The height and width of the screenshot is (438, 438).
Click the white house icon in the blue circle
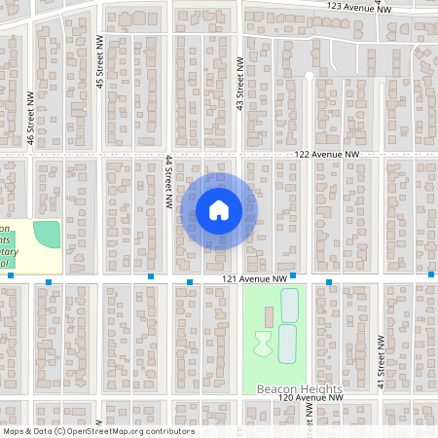(x=219, y=210)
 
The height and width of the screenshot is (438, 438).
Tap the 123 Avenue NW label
(x=359, y=6)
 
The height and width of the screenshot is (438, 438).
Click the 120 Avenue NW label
(x=310, y=398)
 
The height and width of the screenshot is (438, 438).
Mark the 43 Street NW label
(x=239, y=82)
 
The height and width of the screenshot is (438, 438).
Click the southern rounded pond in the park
(x=286, y=344)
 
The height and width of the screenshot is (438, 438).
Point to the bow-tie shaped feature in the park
(x=263, y=343)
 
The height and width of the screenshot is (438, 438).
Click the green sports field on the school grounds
(x=46, y=234)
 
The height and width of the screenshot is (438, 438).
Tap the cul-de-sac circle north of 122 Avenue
(x=310, y=75)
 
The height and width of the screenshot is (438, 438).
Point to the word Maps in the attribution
(x=15, y=431)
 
